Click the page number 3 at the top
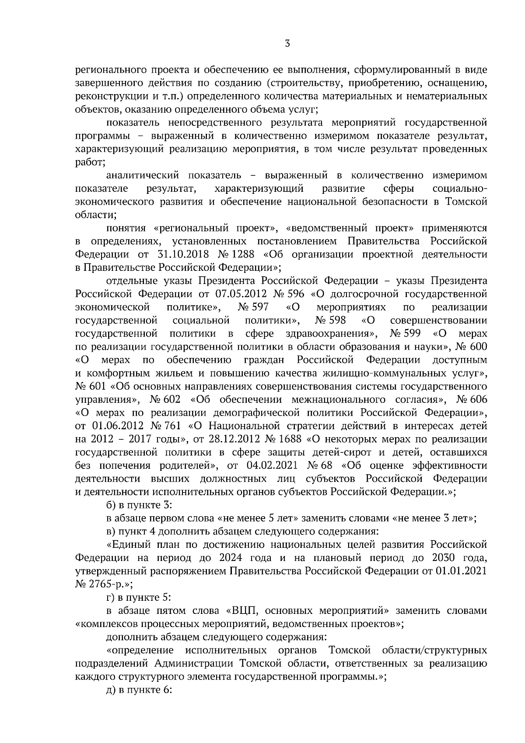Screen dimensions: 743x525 pyautogui.click(x=287, y=43)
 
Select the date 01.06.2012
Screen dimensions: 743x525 pyautogui.click(x=119, y=426)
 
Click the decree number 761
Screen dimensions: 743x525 pyautogui.click(x=172, y=426)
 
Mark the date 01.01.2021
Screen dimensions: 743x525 pyautogui.click(x=461, y=571)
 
